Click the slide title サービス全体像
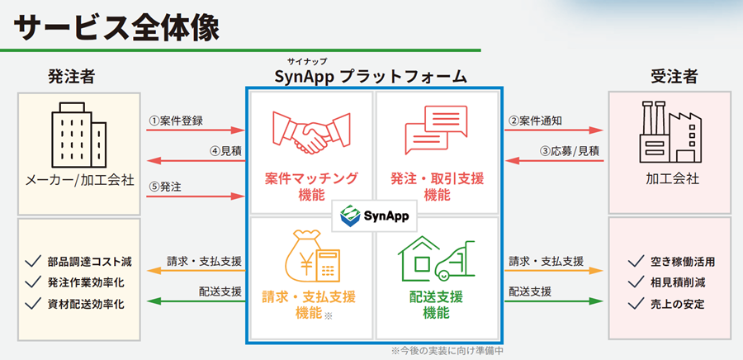tap(116, 28)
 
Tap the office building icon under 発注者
tap(79, 135)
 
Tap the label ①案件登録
tap(176, 121)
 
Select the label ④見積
tap(225, 152)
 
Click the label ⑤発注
tap(165, 187)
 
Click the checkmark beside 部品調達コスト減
tap(33, 261)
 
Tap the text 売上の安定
tap(678, 304)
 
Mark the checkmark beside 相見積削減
tap(636, 282)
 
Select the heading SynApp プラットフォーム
tap(371, 77)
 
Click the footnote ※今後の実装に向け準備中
tap(447, 351)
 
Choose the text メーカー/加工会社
tap(79, 181)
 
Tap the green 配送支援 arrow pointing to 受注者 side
tap(554, 301)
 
